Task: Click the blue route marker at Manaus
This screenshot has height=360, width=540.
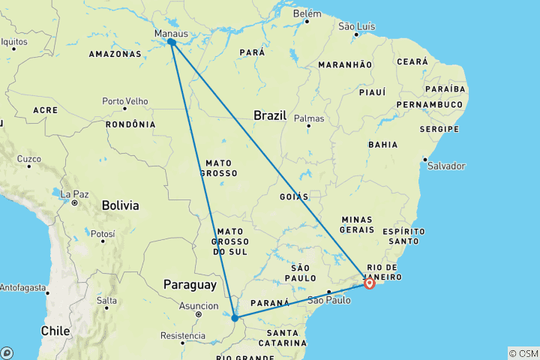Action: pos(172,43)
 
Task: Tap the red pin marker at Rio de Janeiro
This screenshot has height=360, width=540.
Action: pos(369,283)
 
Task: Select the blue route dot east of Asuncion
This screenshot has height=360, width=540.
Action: pos(235,318)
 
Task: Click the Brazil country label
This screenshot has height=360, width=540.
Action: pos(270,115)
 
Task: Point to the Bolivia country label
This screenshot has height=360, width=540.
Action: pos(120,205)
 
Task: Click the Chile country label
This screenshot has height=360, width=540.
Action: pos(55,330)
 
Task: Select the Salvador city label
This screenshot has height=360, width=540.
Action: pos(446,166)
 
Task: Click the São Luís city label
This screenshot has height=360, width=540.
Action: pos(357,26)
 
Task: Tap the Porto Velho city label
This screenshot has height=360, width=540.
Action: pos(124,101)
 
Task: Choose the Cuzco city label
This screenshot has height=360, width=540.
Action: pos(28,159)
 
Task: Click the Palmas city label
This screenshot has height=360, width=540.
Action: pos(309,118)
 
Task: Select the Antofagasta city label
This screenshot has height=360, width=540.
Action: pos(23,287)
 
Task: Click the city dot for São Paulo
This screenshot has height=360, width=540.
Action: pos(328,292)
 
